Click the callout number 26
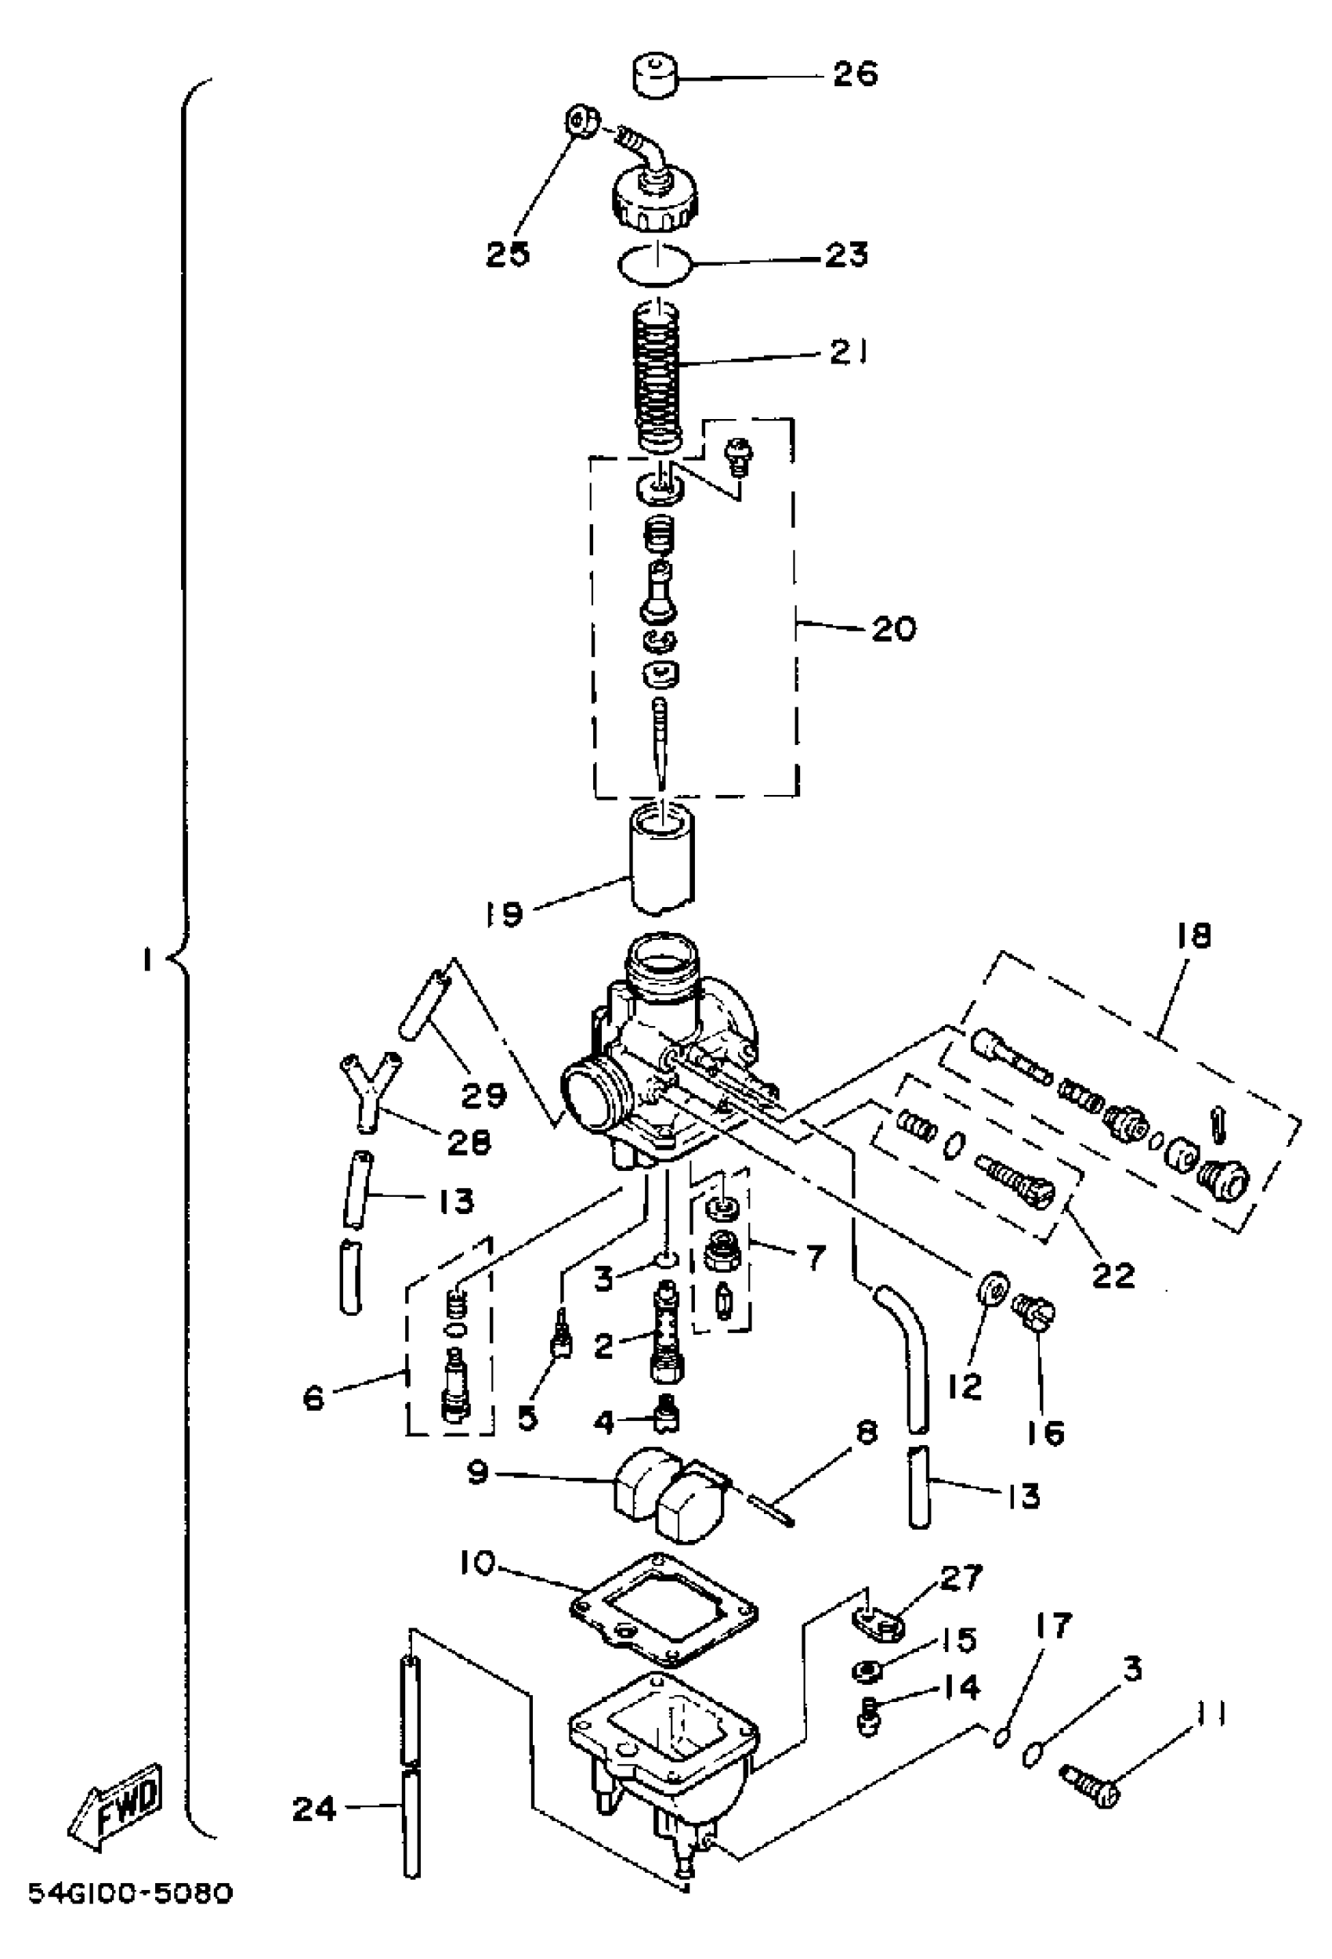click(855, 74)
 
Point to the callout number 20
click(892, 628)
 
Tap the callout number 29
click(483, 1094)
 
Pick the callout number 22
click(1113, 1274)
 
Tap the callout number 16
click(1046, 1433)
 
